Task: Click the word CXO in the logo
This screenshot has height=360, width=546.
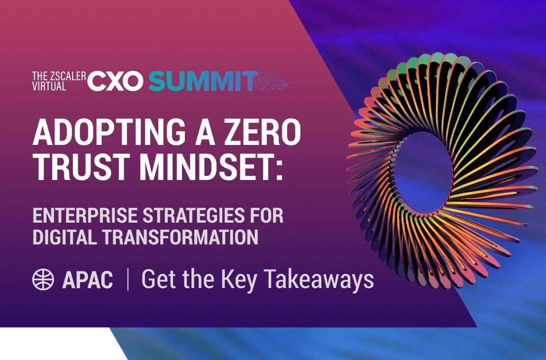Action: click(115, 81)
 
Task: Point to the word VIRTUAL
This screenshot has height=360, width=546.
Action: click(49, 87)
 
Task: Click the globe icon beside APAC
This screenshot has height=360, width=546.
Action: click(43, 279)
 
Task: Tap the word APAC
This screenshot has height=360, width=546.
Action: click(87, 280)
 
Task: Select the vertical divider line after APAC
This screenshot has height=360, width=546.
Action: click(128, 279)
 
